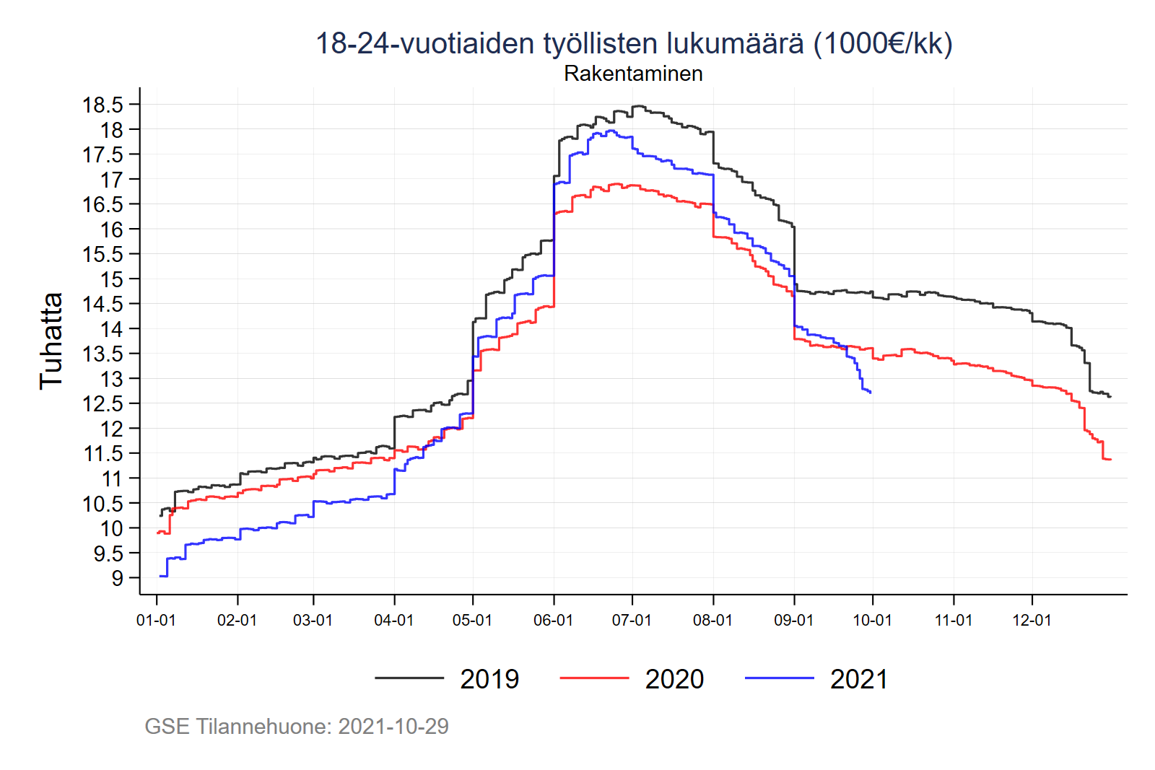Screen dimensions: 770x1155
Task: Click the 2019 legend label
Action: coord(489,679)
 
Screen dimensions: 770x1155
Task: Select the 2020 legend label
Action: coord(674,679)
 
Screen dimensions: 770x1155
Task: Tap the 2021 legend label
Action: coord(859,679)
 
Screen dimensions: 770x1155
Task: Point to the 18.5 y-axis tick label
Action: coord(103,105)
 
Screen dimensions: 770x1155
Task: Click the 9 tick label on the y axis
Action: coord(117,578)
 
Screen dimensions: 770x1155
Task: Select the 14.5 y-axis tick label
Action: coord(103,305)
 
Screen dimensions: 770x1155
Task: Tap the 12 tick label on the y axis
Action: coord(111,429)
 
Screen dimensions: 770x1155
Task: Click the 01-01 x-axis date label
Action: coord(156,621)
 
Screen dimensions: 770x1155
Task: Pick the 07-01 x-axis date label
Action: coord(632,621)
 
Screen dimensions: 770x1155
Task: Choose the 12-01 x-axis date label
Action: coord(1032,621)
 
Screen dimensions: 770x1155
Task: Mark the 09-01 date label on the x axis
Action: coord(793,621)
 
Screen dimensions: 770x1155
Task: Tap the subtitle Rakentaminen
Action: coord(633,74)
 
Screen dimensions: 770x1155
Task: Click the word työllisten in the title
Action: coord(601,44)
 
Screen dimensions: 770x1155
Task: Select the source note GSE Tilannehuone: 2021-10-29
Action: coord(297,726)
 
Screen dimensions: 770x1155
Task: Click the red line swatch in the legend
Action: coord(594,678)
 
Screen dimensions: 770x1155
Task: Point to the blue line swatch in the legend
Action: coord(779,678)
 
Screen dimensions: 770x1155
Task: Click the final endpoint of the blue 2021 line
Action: coord(871,393)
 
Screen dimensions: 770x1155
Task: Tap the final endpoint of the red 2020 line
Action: coord(1110,459)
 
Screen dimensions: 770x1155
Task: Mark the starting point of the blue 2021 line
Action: coord(160,576)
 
